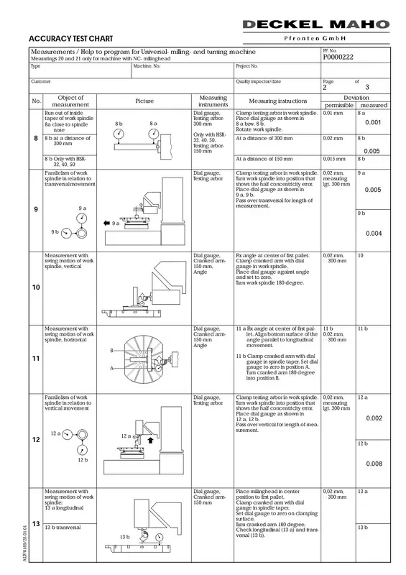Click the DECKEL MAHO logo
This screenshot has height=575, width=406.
click(315, 24)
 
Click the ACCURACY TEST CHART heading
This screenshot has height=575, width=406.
click(71, 39)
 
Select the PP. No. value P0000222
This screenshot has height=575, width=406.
click(338, 57)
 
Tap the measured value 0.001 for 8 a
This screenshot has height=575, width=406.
click(373, 122)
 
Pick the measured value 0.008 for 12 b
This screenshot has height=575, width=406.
click(374, 464)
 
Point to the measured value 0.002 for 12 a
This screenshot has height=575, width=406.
click(374, 418)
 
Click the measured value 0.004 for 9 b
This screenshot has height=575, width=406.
click(374, 233)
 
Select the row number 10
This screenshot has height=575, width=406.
click(36, 287)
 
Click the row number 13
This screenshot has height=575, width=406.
click(36, 524)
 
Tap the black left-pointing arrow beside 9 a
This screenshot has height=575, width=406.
click(107, 223)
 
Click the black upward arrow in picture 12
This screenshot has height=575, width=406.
click(150, 440)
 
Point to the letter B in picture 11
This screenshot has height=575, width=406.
click(112, 351)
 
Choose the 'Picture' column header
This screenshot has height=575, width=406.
click(144, 101)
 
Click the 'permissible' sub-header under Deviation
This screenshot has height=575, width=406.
click(339, 105)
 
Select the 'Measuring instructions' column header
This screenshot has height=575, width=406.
click(277, 101)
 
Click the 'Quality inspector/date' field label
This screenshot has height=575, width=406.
click(258, 81)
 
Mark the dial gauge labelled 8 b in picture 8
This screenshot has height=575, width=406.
click(119, 134)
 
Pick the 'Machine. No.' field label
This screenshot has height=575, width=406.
click(147, 66)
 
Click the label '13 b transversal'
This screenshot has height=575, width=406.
click(63, 528)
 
